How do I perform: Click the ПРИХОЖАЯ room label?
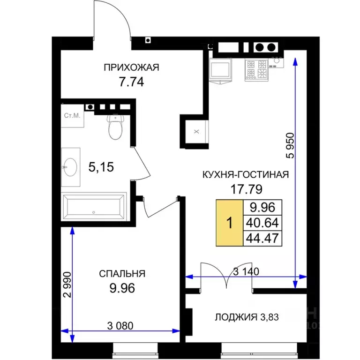click(131, 67)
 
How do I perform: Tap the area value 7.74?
click(131, 82)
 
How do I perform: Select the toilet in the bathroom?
click(115, 127)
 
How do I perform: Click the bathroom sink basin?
click(70, 167)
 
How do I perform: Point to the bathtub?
click(94, 207)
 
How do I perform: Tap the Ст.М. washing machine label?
click(72, 115)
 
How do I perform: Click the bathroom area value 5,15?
click(101, 167)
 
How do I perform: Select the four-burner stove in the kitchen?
click(256, 70)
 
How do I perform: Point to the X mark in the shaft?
click(196, 132)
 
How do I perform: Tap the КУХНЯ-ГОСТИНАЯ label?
click(246, 175)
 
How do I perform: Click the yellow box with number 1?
click(229, 223)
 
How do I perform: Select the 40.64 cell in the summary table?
click(262, 223)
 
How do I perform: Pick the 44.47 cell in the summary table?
click(262, 238)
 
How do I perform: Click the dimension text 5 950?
click(290, 146)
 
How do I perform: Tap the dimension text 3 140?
click(246, 271)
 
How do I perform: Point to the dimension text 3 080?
click(120, 326)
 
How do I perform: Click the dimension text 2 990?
click(67, 285)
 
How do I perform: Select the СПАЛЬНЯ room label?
click(122, 274)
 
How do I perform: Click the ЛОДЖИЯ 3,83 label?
click(247, 317)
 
